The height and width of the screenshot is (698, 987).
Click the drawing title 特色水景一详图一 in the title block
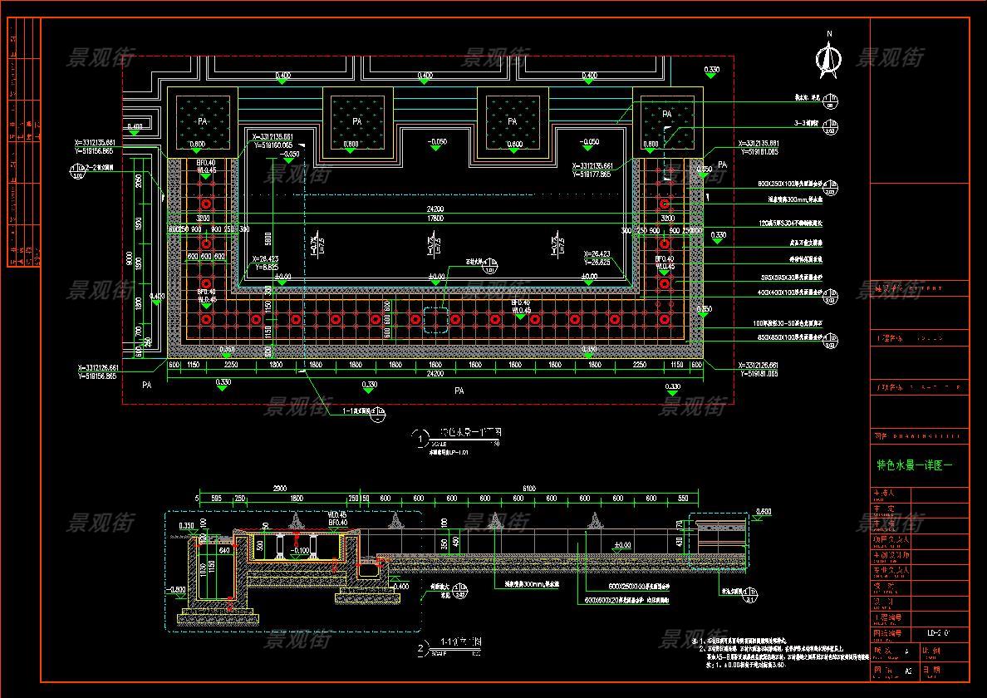coord(915,465)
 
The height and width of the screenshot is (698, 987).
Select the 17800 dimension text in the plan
coord(435,219)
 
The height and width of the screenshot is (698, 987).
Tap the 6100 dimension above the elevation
coord(529,488)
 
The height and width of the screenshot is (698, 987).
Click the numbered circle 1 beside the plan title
coord(421,437)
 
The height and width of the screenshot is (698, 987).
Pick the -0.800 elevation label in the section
coord(176,589)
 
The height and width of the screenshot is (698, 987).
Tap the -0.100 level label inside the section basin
coord(299,550)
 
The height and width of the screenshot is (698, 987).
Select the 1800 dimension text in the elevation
coord(297,499)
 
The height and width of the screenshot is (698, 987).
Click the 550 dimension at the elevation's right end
coord(683,499)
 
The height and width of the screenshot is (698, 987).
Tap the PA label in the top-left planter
coord(202,121)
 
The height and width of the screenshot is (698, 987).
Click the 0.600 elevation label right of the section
coord(764,511)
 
